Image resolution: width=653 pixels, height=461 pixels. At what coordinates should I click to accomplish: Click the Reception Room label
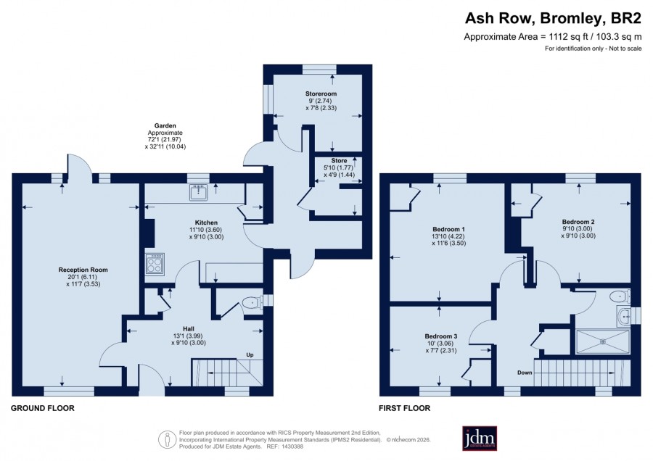click(x=83, y=270)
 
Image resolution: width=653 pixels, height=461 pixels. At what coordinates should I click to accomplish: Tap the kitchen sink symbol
click(x=199, y=193)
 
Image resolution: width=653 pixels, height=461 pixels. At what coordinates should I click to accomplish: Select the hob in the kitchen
click(x=155, y=264)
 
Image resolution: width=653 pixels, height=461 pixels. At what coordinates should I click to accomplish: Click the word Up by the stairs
click(x=250, y=355)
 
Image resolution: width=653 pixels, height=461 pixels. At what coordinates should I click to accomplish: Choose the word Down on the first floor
click(x=525, y=373)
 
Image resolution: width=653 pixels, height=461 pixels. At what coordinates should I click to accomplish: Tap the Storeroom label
click(x=321, y=94)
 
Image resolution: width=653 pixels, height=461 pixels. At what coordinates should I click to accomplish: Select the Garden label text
click(x=165, y=125)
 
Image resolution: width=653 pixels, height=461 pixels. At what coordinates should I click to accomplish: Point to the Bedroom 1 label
click(x=449, y=229)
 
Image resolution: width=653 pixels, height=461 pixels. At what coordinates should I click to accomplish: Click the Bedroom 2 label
click(x=578, y=222)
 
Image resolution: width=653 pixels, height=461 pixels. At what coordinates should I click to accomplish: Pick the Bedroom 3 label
click(x=441, y=336)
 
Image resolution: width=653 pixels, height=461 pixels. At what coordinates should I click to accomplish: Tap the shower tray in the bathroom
click(x=603, y=342)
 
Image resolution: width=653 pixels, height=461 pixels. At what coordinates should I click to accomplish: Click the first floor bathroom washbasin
click(x=623, y=316)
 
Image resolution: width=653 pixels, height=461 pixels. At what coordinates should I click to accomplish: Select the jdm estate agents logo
click(x=480, y=438)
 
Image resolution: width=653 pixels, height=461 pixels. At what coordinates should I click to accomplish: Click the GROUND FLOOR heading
click(x=43, y=408)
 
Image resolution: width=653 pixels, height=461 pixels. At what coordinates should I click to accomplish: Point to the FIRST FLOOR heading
click(x=404, y=408)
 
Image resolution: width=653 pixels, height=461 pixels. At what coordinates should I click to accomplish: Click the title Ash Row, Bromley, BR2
click(x=553, y=18)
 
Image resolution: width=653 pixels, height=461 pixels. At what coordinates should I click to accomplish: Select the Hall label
click(x=189, y=328)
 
